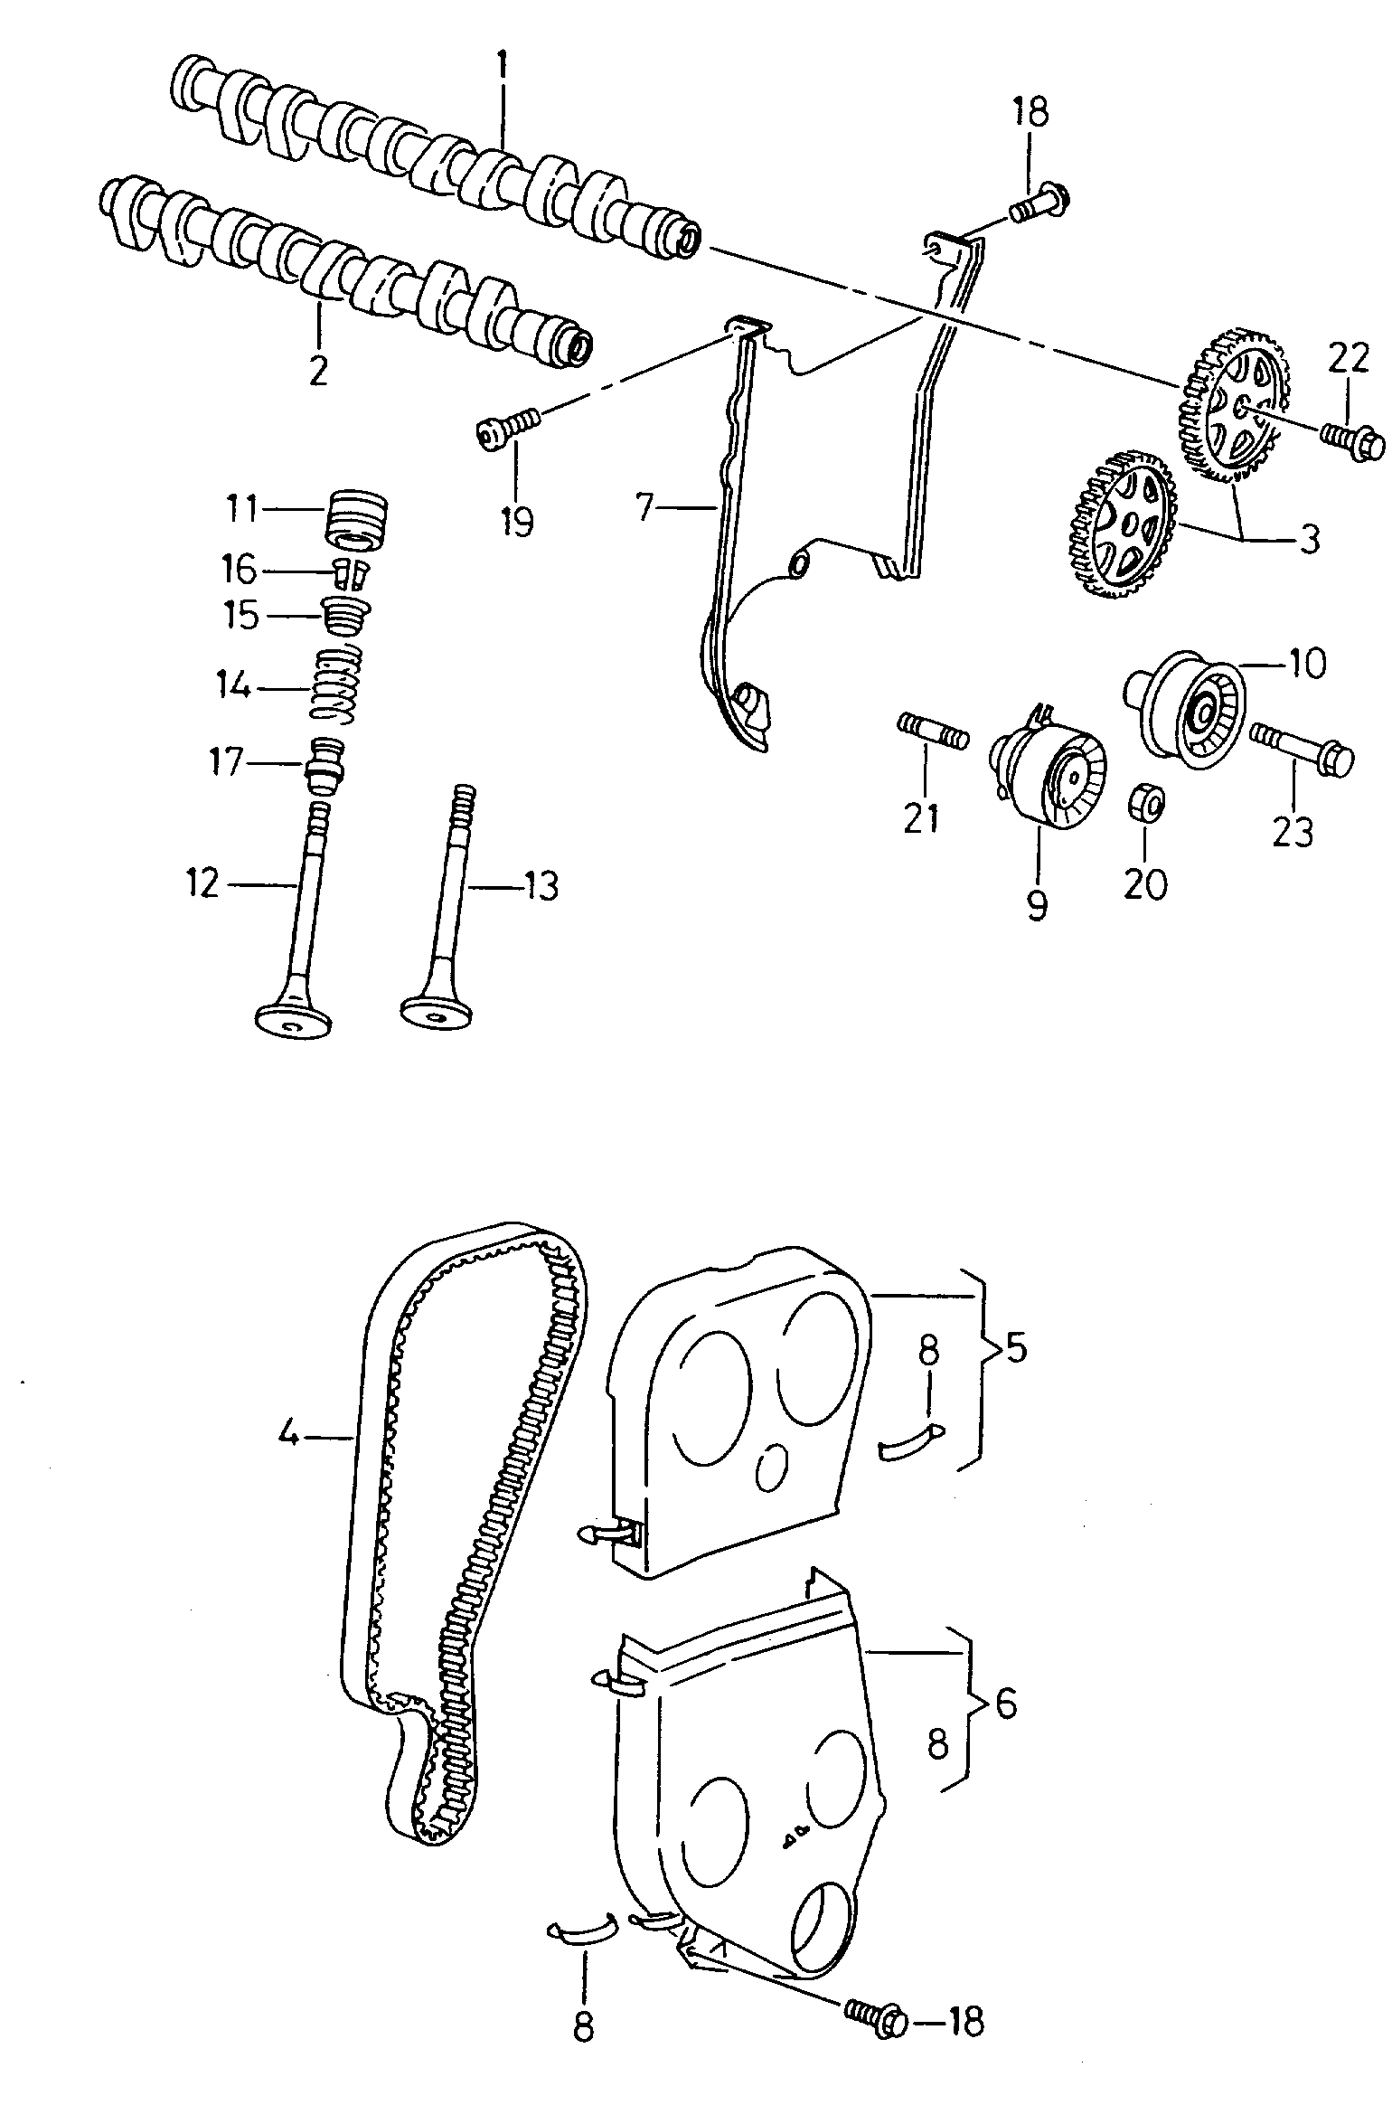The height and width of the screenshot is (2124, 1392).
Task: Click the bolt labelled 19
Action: click(507, 428)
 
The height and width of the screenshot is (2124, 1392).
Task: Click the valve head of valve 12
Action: click(294, 1018)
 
